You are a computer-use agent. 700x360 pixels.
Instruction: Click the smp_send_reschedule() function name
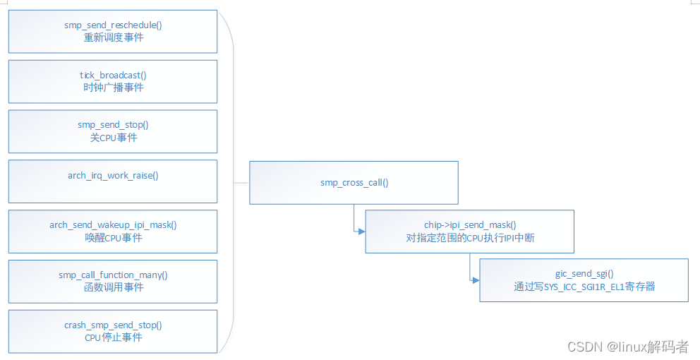[113, 25]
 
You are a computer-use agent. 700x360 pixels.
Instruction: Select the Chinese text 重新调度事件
[113, 37]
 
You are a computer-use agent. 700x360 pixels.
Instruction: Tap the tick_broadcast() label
[113, 76]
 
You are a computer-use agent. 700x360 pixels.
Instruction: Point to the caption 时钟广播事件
[113, 88]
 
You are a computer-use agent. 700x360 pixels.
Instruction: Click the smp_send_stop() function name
[113, 125]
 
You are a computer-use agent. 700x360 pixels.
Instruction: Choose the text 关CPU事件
[113, 138]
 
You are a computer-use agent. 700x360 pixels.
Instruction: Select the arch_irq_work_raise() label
[113, 175]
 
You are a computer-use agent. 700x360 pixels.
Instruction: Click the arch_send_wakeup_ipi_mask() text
[113, 225]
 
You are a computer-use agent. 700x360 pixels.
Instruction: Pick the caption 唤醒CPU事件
[113, 238]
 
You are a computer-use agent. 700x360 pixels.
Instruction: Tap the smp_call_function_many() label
[113, 275]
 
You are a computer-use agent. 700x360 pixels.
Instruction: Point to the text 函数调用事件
[113, 287]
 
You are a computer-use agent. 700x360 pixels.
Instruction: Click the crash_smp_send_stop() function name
[113, 325]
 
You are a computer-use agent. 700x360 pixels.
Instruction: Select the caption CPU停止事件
[113, 337]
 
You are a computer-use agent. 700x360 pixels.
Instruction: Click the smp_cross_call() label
[354, 183]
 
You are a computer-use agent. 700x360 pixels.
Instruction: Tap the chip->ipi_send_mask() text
[470, 225]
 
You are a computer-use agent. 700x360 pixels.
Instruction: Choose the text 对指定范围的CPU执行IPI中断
[470, 238]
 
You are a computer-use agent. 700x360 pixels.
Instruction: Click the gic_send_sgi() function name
[584, 274]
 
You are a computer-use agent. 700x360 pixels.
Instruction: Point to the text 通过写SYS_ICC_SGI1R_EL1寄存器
[584, 287]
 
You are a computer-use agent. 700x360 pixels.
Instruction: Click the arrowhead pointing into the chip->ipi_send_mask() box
[361, 231]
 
